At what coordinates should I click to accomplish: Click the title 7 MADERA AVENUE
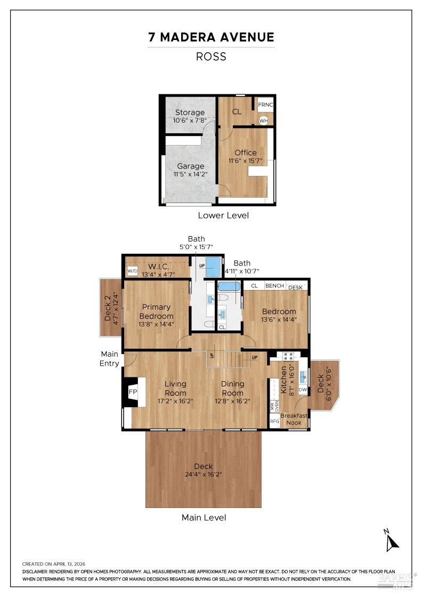coord(211,37)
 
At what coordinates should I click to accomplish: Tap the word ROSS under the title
coord(211,57)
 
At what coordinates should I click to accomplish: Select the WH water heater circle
coord(263,120)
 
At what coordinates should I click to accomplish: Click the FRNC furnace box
coord(265,104)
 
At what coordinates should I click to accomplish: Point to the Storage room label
coord(190,112)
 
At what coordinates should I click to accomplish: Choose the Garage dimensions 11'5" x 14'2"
coord(190,174)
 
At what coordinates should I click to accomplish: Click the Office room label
coord(246,152)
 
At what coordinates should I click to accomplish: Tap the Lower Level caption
coord(223,215)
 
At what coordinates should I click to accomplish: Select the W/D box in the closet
coord(133,271)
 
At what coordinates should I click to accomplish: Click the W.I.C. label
coord(159,266)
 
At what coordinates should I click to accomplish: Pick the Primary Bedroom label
coord(156,311)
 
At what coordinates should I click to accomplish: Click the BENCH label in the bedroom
coord(274,286)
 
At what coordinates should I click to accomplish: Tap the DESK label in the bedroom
coord(295,287)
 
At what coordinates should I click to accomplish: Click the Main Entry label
coord(109,358)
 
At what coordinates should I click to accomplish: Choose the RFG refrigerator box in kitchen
coord(274,421)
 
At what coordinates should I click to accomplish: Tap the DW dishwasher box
coord(303,390)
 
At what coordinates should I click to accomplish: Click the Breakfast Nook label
coord(294,419)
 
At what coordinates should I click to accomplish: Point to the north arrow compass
coord(392,540)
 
